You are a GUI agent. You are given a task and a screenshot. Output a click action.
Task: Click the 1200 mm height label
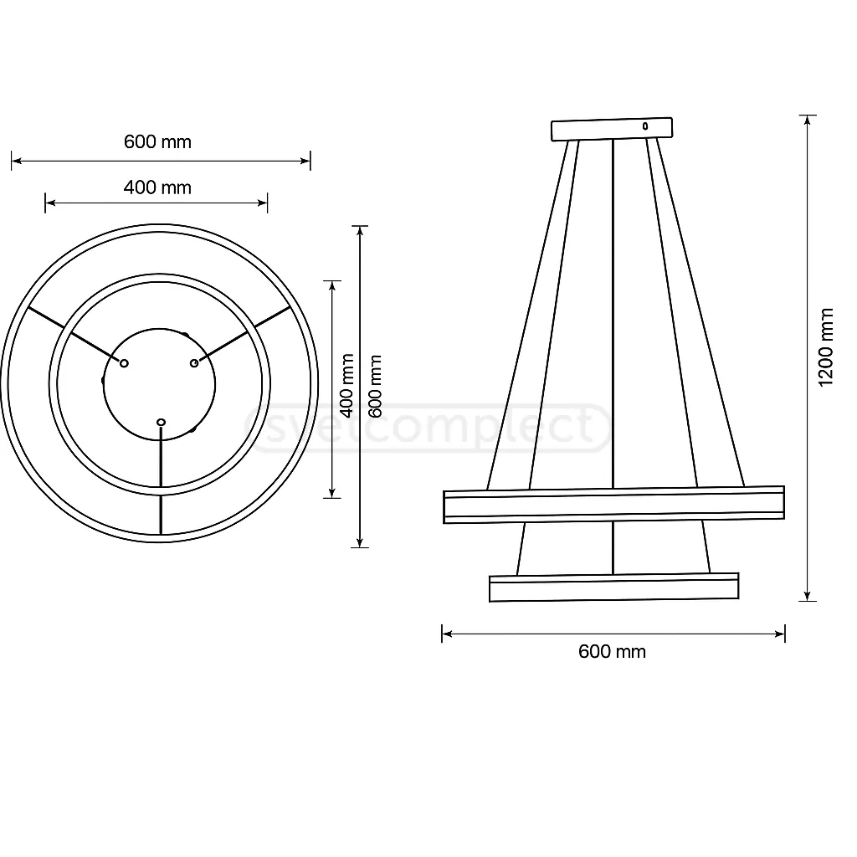[826, 346]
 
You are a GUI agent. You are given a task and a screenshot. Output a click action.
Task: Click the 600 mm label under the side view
[612, 651]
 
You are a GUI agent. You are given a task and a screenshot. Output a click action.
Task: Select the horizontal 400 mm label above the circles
[157, 187]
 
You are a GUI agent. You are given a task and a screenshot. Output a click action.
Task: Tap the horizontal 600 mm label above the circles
[157, 141]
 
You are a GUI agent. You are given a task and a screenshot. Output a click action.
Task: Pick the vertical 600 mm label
[375, 387]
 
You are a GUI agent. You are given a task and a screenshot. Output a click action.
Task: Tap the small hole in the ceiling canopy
[644, 126]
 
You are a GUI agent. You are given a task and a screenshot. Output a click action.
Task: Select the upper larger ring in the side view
[613, 505]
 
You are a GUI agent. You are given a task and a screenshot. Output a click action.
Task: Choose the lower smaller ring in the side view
[613, 588]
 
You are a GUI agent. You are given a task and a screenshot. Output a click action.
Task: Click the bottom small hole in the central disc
[162, 422]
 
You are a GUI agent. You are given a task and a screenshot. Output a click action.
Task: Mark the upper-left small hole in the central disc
[124, 363]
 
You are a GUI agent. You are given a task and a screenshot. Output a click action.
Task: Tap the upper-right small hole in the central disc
[194, 362]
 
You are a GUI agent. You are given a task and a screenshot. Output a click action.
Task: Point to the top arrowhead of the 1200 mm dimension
[808, 120]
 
